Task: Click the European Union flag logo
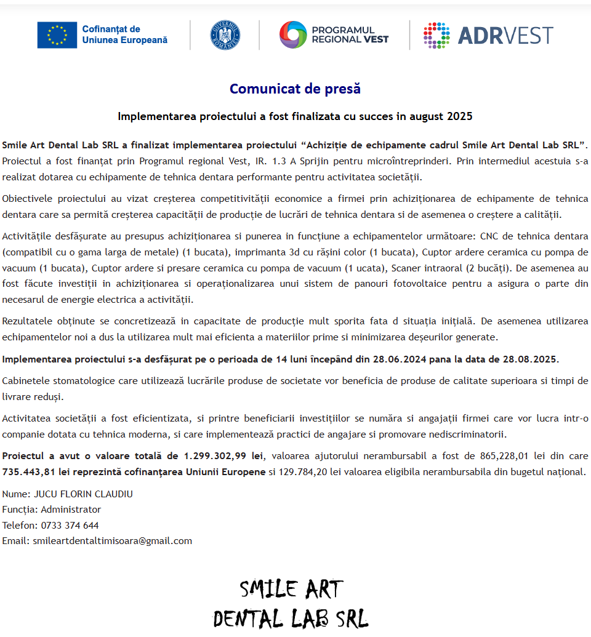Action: pyautogui.click(x=57, y=35)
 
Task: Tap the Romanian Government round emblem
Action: pyautogui.click(x=225, y=35)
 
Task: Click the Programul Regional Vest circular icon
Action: pyautogui.click(x=292, y=35)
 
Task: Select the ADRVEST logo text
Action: pyautogui.click(x=505, y=36)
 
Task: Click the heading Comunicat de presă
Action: pyautogui.click(x=295, y=89)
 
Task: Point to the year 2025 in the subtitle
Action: pyautogui.click(x=459, y=116)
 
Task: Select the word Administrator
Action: pyautogui.click(x=71, y=510)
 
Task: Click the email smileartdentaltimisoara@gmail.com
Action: pyautogui.click(x=112, y=541)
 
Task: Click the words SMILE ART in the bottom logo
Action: pyautogui.click(x=291, y=590)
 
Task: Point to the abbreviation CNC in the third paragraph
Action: pyautogui.click(x=490, y=236)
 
